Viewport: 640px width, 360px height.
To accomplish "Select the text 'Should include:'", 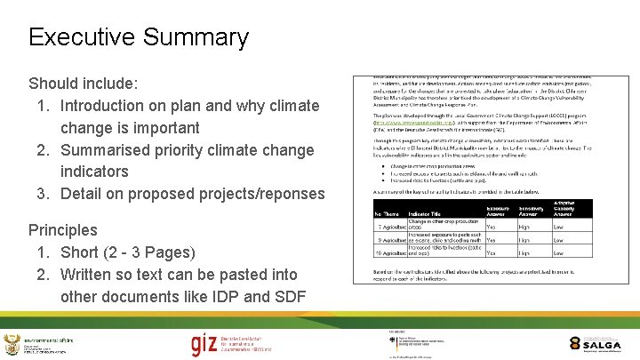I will pyautogui.click(x=84, y=84).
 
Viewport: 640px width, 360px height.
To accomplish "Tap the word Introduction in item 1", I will pyautogui.click(x=112, y=106).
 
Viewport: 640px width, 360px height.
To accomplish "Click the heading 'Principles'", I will pyautogui.click(x=63, y=230).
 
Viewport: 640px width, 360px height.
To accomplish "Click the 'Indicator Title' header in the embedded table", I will pyautogui.click(x=425, y=213).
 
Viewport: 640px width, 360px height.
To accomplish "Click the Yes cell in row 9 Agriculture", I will pyautogui.click(x=492, y=240).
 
